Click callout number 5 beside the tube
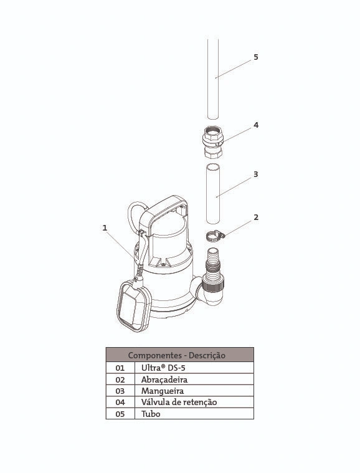[x=256, y=57]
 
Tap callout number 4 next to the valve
[x=256, y=125]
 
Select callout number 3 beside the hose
[x=256, y=174]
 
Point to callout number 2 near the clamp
[x=256, y=217]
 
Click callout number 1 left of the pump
[x=105, y=227]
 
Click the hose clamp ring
[x=215, y=236]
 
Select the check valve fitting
[x=213, y=142]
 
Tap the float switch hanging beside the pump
[x=134, y=305]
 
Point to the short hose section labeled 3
[x=213, y=194]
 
